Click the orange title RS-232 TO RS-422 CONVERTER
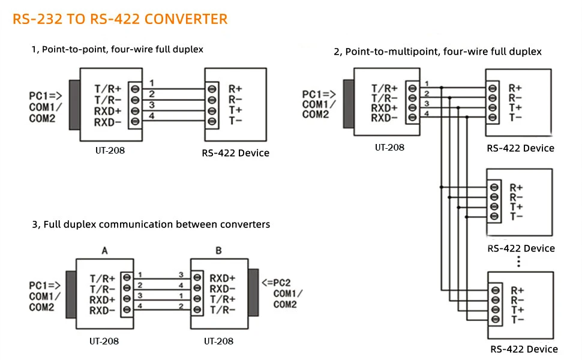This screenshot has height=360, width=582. pyautogui.click(x=120, y=19)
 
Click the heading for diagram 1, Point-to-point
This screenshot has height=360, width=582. pyautogui.click(x=117, y=49)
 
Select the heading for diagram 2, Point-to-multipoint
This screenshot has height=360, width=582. pyautogui.click(x=437, y=52)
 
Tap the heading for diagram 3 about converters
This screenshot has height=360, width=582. pyautogui.click(x=151, y=224)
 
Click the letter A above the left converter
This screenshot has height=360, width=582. pyautogui.click(x=104, y=251)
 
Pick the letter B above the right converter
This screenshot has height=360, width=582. pyautogui.click(x=218, y=251)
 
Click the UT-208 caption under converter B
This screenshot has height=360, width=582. pyautogui.click(x=218, y=341)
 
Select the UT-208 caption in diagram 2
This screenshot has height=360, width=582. pyautogui.click(x=389, y=147)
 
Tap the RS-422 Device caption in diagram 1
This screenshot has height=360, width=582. pyautogui.click(x=236, y=153)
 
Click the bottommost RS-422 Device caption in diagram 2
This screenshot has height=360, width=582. pyautogui.click(x=524, y=349)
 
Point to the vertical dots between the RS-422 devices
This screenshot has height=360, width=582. pyautogui.click(x=518, y=262)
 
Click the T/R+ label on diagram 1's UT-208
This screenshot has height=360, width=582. pyautogui.click(x=107, y=88)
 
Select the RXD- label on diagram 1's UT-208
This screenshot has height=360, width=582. pyautogui.click(x=107, y=122)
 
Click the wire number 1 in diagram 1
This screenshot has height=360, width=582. pyautogui.click(x=152, y=83)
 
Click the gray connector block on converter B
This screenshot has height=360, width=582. pyautogui.click(x=253, y=293)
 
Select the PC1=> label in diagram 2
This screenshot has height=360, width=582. pyautogui.click(x=319, y=95)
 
